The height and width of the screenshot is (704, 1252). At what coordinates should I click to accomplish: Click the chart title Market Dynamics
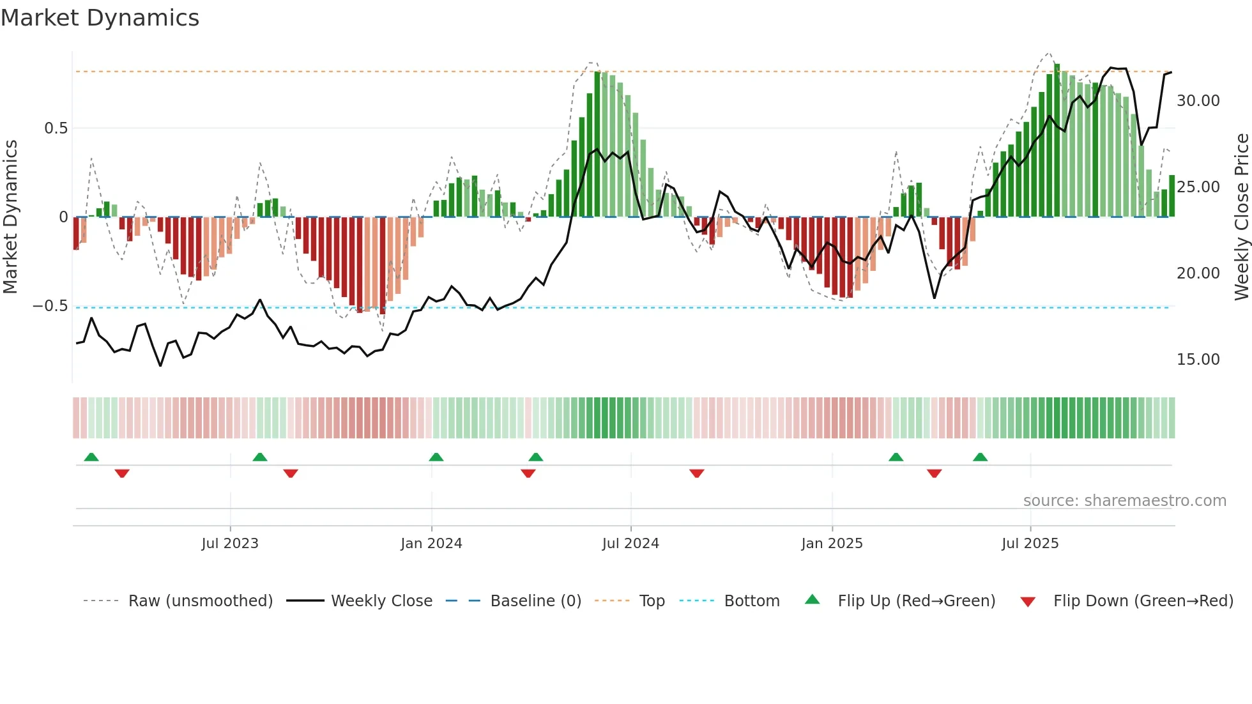tap(100, 18)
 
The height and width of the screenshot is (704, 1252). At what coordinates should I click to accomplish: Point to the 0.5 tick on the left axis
tap(56, 128)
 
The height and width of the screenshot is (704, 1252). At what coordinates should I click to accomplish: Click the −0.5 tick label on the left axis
tap(50, 306)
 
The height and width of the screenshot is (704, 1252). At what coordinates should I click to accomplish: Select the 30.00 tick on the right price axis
tap(1198, 101)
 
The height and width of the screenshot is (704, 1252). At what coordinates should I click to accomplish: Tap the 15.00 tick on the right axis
tap(1198, 360)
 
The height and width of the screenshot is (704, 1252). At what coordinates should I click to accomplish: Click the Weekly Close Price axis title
tap(1241, 217)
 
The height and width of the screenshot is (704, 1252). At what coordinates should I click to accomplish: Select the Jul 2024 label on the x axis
tap(630, 544)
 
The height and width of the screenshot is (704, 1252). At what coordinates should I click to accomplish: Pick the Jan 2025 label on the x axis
tap(832, 544)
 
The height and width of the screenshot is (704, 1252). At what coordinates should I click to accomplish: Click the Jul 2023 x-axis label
tap(230, 544)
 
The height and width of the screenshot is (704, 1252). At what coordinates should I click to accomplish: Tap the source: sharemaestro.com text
tap(1124, 501)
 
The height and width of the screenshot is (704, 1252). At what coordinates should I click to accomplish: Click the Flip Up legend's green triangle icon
tap(812, 600)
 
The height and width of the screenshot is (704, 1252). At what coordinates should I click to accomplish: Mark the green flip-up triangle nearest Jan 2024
tap(436, 457)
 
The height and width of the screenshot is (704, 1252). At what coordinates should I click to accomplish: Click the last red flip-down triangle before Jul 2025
tap(934, 473)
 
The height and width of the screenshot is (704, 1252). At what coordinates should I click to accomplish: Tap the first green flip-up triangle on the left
tap(91, 457)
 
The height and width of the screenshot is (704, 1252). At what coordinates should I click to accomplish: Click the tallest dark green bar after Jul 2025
tap(1057, 141)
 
